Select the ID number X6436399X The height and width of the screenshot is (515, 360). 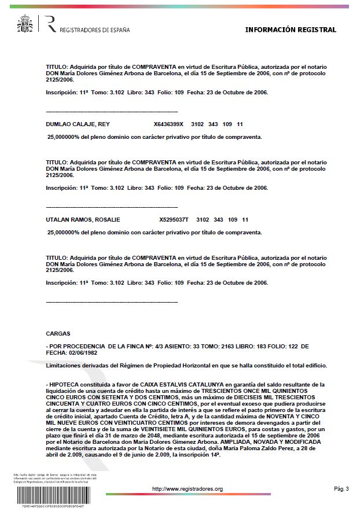point(168,124)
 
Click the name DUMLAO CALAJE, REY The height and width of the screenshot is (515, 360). point(78,124)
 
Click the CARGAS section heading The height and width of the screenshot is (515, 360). point(58,333)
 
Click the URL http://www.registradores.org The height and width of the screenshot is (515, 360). point(187,489)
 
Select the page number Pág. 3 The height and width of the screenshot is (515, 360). point(341,489)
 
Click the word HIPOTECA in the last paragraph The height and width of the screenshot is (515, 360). point(67,384)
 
